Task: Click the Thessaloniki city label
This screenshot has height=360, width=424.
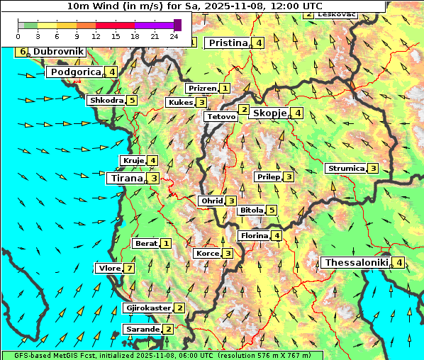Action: [x=356, y=263]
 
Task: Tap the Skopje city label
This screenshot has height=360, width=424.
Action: [x=269, y=113]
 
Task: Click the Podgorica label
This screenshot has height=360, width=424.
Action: [x=75, y=72]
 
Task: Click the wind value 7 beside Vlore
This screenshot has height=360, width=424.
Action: [x=129, y=269]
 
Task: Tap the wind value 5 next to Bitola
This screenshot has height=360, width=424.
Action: [x=272, y=210]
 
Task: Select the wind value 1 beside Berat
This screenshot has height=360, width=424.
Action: [x=166, y=244]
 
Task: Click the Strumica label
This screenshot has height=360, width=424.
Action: [x=345, y=169]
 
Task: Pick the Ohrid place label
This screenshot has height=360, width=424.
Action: [x=212, y=201]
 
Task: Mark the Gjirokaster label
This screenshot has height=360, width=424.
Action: [x=147, y=308]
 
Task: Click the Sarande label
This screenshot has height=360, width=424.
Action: [x=142, y=330]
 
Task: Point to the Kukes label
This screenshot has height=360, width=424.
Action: [x=180, y=103]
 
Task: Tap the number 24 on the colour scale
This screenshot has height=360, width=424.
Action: [x=174, y=36]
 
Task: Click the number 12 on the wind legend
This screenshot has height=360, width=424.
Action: [x=96, y=36]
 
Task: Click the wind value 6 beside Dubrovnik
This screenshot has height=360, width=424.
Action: [x=23, y=52]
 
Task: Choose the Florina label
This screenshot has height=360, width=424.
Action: [x=255, y=236]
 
